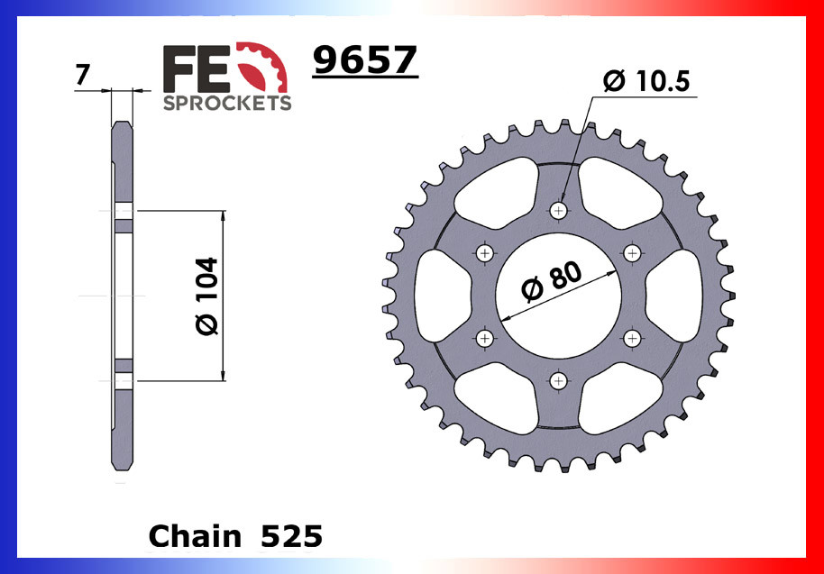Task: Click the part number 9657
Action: coord(364,61)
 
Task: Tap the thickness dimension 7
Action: coord(83,76)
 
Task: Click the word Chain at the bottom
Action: coord(195,536)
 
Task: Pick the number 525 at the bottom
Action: coord(290,536)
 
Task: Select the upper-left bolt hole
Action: coord(487,252)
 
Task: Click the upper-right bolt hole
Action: coord(633,252)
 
